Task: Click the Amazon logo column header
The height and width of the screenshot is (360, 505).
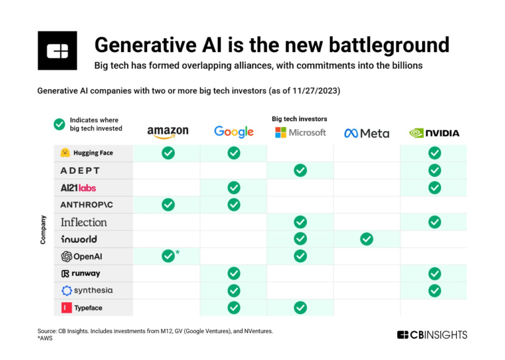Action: click(168, 132)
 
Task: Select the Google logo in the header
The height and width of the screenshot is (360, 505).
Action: click(233, 132)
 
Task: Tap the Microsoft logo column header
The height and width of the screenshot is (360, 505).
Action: click(300, 132)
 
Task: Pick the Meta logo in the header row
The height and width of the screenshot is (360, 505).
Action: click(366, 133)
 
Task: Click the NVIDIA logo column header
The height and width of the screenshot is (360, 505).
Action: click(434, 133)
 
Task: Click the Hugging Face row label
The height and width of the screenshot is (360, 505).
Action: click(87, 153)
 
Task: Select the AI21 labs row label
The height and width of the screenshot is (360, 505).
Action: click(78, 188)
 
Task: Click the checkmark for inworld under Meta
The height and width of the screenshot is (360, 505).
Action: click(366, 239)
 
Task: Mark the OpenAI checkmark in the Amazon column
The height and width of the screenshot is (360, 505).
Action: click(168, 256)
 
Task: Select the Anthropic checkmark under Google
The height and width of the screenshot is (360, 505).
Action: click(233, 205)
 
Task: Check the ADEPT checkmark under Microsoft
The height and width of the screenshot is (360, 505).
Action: click(300, 170)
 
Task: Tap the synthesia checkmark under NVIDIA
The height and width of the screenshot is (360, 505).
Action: click(434, 290)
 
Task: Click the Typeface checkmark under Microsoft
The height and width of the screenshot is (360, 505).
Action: click(300, 307)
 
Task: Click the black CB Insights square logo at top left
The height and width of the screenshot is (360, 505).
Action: click(57, 51)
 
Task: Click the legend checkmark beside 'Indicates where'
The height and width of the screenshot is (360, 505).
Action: click(59, 124)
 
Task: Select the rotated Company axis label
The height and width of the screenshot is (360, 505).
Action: click(43, 230)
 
